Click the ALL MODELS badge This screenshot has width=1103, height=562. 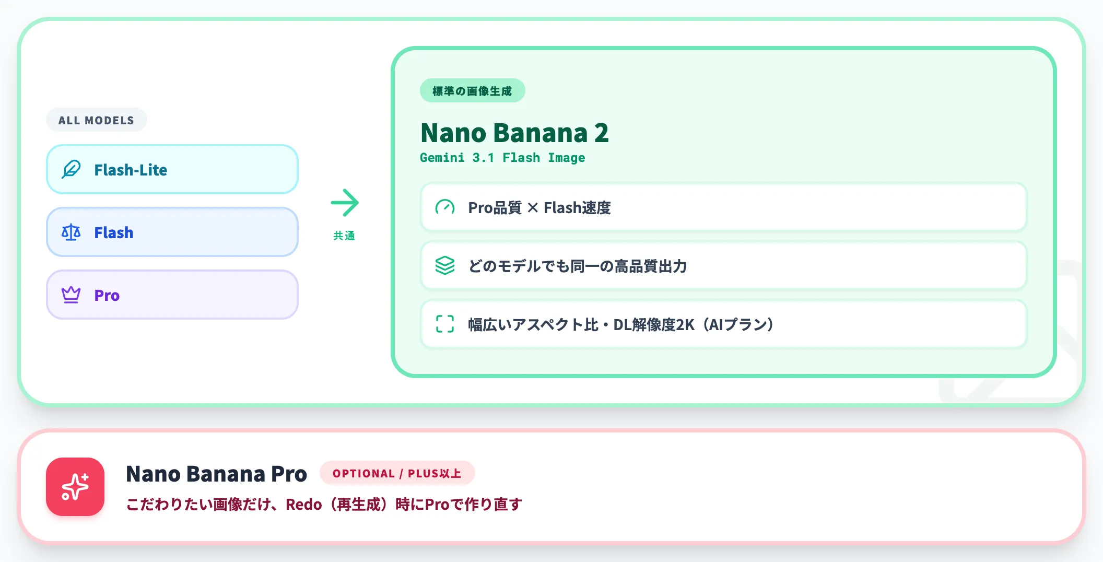pos(96,120)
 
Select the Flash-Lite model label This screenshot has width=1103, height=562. pos(131,170)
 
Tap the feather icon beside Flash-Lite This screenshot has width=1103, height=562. pos(71,169)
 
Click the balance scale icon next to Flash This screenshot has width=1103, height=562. pos(71,232)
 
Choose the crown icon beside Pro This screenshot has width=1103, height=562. pos(71,295)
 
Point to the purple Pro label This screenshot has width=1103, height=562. pos(107,295)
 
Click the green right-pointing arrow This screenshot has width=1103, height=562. pos(345,203)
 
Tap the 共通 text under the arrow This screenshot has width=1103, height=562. pos(344,236)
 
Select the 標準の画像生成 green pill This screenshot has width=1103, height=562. pos(472,91)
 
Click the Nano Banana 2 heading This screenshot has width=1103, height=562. pos(514,133)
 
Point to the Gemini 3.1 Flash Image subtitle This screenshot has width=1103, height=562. pos(502,158)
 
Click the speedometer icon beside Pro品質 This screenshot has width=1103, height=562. pos(445,207)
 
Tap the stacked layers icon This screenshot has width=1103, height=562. pos(445,265)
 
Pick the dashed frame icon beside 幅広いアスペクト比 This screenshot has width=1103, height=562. pos(445,324)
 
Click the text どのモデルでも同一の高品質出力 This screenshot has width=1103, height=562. pos(578,266)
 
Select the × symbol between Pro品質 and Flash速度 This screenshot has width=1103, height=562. pos(533,208)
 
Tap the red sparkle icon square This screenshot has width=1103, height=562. pos(75,487)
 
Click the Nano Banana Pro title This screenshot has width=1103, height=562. pos(216,474)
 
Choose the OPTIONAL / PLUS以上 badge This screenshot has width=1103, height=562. pos(397,473)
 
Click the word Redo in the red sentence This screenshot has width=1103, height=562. pos(303,505)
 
